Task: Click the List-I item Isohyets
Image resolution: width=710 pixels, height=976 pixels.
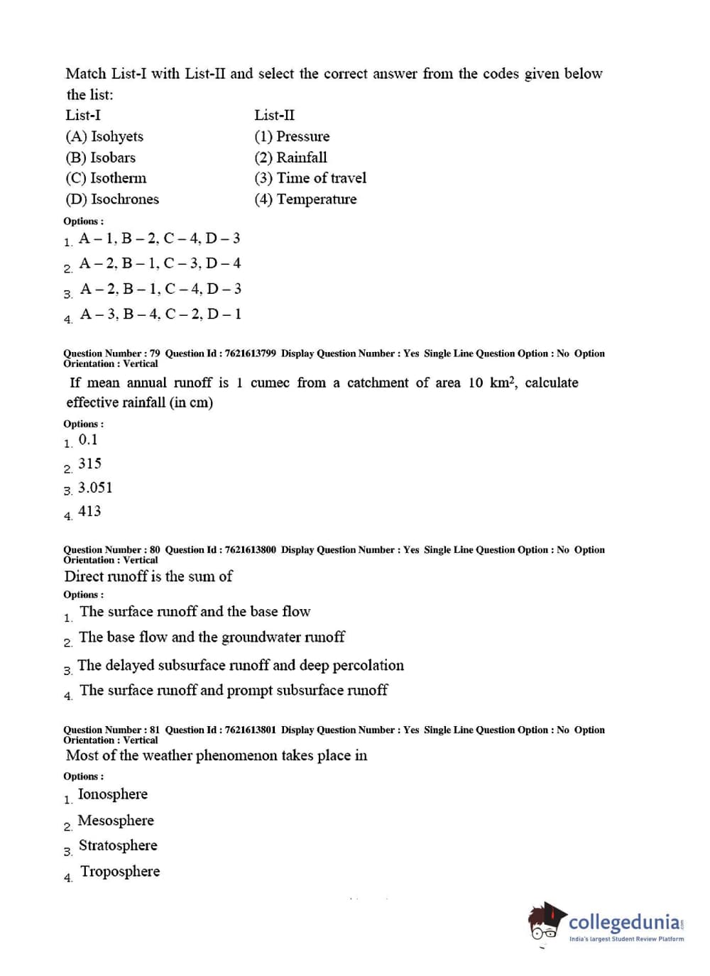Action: pyautogui.click(x=104, y=136)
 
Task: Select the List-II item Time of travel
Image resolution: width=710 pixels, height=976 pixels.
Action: pyautogui.click(x=310, y=178)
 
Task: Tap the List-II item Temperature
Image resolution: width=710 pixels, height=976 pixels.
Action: pyautogui.click(x=305, y=199)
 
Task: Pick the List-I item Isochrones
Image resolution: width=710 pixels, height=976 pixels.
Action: pyautogui.click(x=112, y=199)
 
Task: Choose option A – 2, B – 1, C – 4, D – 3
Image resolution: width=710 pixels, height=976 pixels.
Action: pyautogui.click(x=160, y=289)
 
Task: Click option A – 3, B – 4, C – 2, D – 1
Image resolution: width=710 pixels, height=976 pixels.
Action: pyautogui.click(x=160, y=314)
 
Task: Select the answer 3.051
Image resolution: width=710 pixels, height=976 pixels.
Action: pyautogui.click(x=95, y=488)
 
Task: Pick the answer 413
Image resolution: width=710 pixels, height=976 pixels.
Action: pyautogui.click(x=89, y=511)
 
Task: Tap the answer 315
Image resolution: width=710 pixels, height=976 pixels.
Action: pyautogui.click(x=89, y=464)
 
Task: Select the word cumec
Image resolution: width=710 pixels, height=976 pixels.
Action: pyautogui.click(x=270, y=383)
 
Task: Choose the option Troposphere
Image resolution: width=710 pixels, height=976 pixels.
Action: pyautogui.click(x=120, y=872)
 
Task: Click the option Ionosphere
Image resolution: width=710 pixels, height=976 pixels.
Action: pyautogui.click(x=113, y=794)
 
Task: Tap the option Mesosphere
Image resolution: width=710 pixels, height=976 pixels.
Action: pyautogui.click(x=116, y=821)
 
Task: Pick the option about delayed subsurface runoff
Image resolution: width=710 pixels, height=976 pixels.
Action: pyautogui.click(x=240, y=666)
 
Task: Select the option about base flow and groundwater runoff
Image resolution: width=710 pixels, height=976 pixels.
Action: pyautogui.click(x=212, y=637)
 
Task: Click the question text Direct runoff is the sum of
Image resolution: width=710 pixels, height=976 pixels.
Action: pyautogui.click(x=148, y=576)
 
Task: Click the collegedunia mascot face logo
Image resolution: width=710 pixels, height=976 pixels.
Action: pyautogui.click(x=545, y=923)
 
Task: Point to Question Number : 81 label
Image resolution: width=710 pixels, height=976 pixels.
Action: pyautogui.click(x=111, y=730)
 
